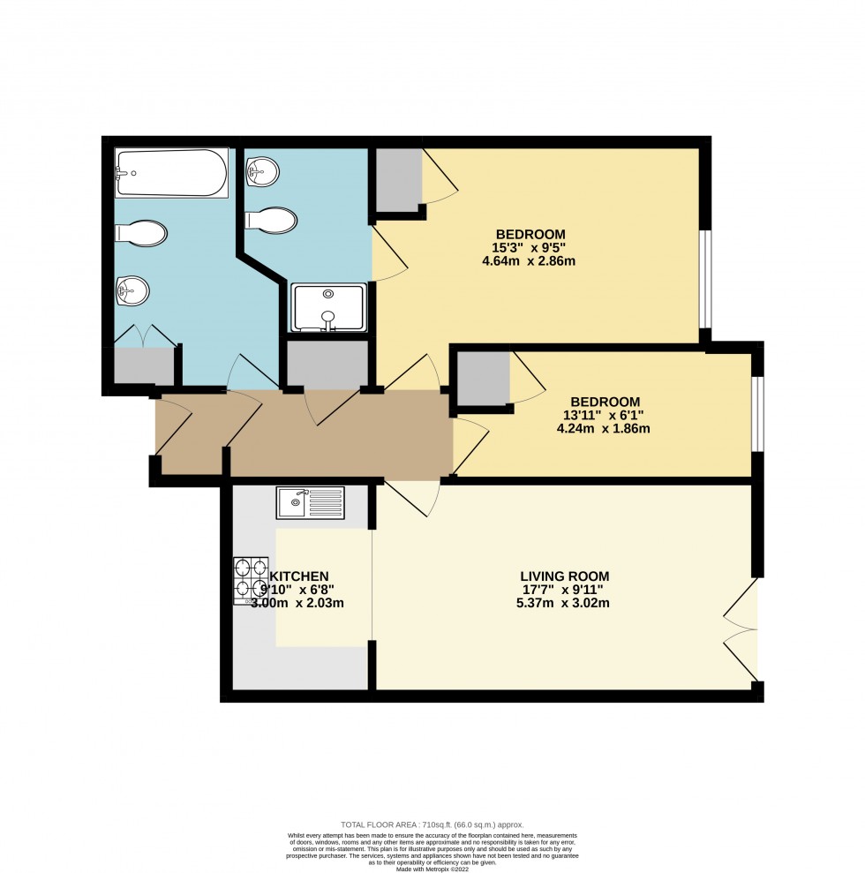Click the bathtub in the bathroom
172,173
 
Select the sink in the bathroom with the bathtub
132,289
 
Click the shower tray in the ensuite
328,307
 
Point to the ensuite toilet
272,220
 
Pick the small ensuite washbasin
262,170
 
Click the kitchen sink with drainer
310,502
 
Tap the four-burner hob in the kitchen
251,579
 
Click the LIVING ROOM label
565,576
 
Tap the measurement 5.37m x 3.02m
565,604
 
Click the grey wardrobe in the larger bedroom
397,179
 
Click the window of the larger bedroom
705,279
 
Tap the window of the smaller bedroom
757,413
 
